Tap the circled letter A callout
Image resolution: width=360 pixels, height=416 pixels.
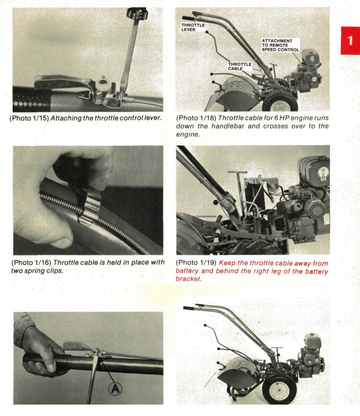coord(115,389)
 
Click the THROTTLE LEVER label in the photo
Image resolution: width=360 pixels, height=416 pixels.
coord(193,27)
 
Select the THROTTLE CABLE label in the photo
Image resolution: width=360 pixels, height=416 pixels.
coord(239,66)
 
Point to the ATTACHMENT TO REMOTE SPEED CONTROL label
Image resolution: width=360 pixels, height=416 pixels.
coord(280,45)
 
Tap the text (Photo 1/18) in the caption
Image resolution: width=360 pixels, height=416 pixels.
coord(196,118)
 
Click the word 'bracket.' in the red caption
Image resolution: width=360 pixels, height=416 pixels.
coord(189,279)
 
